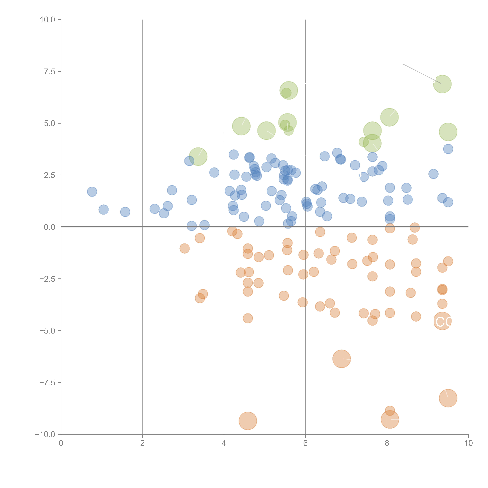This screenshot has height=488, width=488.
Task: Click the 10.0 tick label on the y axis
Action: click(48, 20)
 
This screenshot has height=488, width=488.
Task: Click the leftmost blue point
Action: click(92, 192)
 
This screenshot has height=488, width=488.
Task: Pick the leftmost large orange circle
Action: click(248, 421)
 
